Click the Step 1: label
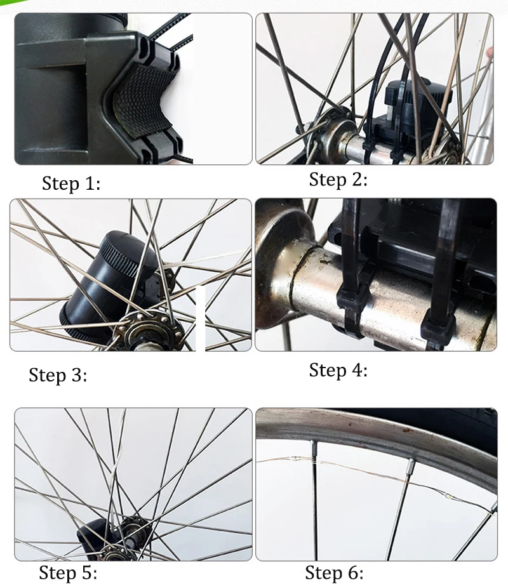(71, 183)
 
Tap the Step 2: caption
(338, 180)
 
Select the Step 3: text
(58, 375)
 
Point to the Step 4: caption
(338, 370)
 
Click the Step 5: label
(68, 572)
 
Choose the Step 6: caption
(334, 573)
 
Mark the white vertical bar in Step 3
(201, 319)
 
